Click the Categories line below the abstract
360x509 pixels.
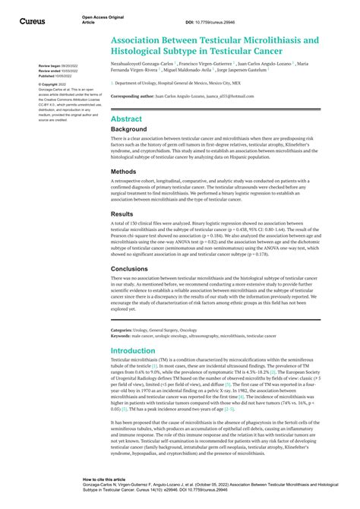tap(153, 330)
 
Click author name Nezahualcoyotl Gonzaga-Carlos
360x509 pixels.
tap(142, 66)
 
